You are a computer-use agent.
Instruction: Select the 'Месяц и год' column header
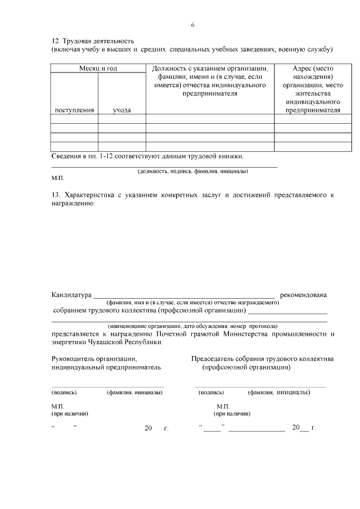[x=98, y=69]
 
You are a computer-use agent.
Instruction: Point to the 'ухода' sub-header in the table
[x=121, y=110]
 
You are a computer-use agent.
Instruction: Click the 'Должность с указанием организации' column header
[x=210, y=69]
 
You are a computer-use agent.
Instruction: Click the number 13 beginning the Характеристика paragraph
[x=55, y=195]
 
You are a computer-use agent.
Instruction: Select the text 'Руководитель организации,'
[x=94, y=358]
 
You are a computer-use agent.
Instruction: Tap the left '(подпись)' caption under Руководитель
[x=64, y=393]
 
